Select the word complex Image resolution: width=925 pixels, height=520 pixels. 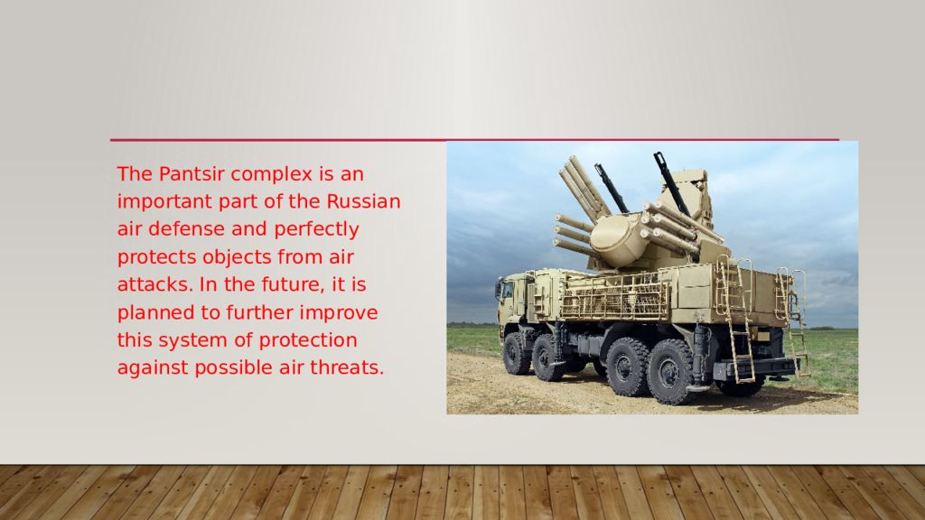click(x=271, y=175)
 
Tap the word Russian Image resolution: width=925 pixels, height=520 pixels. click(x=363, y=201)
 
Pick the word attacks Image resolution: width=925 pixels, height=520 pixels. click(x=155, y=284)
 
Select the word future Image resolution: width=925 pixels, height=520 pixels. click(x=294, y=284)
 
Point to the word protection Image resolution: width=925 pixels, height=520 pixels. click(x=308, y=340)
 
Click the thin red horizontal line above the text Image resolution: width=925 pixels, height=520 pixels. click(x=474, y=140)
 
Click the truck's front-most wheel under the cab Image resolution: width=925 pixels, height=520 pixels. click(x=517, y=354)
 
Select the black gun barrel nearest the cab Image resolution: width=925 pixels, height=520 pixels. click(x=611, y=188)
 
